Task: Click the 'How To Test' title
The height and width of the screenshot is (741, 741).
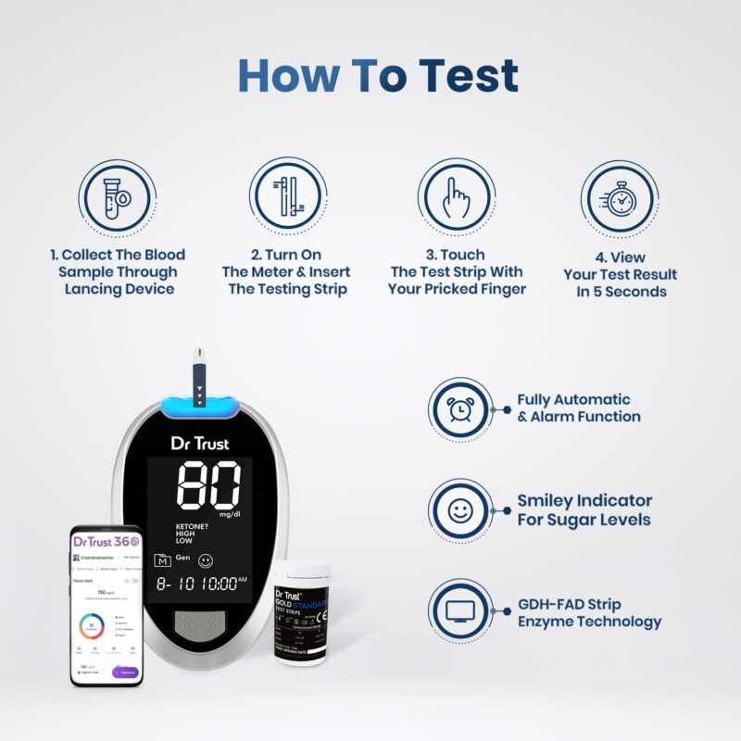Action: click(x=378, y=76)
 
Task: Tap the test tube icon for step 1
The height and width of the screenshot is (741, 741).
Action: click(x=115, y=197)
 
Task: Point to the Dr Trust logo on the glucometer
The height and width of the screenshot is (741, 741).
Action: click(x=200, y=443)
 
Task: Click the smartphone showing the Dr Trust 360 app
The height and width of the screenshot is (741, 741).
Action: click(x=107, y=606)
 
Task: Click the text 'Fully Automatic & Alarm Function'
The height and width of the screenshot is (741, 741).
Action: click(x=579, y=408)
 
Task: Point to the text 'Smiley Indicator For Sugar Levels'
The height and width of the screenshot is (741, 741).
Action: click(x=584, y=510)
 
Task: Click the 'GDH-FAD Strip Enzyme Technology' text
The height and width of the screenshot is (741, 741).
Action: click(x=589, y=611)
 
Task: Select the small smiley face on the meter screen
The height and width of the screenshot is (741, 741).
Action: click(x=206, y=559)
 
